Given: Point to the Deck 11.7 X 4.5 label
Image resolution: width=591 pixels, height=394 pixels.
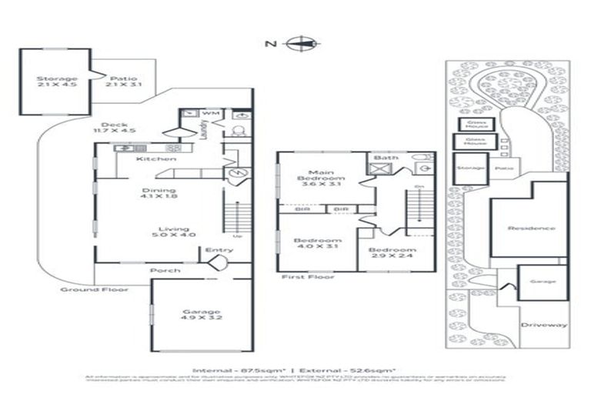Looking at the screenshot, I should click(x=112, y=129).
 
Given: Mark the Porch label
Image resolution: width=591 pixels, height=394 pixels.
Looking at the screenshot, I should click(x=165, y=271).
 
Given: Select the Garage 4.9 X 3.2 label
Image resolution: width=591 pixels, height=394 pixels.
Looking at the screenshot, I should click(x=201, y=314).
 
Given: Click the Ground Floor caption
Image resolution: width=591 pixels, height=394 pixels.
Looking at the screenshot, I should click(x=94, y=289).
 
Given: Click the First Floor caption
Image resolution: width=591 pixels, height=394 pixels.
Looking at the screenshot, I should click(x=308, y=275).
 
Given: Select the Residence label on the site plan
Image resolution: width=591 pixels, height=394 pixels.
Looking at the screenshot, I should click(x=531, y=229).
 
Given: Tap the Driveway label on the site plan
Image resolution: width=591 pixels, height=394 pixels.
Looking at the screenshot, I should click(x=543, y=326).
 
